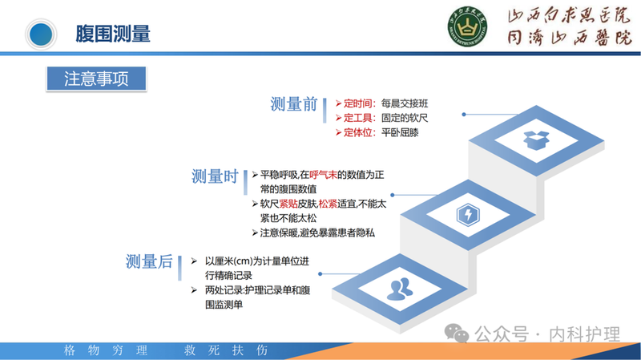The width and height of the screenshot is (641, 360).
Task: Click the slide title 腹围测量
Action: tap(112, 33)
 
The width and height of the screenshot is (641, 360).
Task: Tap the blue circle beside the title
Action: tap(39, 33)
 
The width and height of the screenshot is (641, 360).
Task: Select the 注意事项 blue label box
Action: tap(96, 78)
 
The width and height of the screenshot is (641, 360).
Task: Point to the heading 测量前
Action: tap(293, 104)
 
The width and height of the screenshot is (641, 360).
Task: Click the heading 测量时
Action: tap(215, 176)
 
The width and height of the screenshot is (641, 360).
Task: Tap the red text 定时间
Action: tap(358, 103)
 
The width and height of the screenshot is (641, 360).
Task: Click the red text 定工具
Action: tap(358, 118)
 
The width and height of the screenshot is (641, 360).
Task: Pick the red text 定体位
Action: tap(358, 132)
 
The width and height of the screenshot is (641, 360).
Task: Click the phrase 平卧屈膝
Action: tap(401, 132)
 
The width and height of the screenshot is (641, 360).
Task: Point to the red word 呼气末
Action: tap(325, 174)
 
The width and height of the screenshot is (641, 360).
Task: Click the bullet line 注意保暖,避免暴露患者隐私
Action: tap(317, 233)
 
